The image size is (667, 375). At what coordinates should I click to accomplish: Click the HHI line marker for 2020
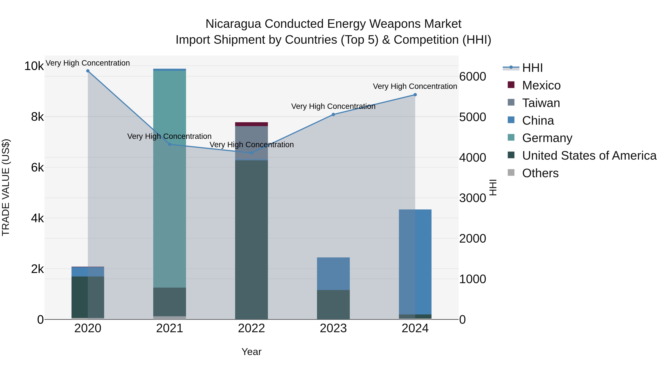88,71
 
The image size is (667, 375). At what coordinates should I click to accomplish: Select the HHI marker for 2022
251,153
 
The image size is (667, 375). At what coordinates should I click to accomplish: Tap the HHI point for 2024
415,95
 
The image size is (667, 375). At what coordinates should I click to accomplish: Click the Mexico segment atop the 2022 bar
251,124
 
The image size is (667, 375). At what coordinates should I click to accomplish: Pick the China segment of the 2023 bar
333,274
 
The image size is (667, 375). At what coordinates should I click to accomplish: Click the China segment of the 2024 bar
415,261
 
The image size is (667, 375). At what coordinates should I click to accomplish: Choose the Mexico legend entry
541,85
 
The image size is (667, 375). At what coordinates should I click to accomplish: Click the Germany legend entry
547,138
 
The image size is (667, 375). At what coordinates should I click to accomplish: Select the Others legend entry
540,173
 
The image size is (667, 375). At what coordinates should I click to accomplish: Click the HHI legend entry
532,68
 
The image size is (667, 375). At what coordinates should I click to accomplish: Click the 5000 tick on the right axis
472,117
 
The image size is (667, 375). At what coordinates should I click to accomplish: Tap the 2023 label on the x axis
333,328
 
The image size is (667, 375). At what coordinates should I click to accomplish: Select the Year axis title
251,352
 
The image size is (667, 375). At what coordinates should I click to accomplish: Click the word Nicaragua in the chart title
233,24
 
